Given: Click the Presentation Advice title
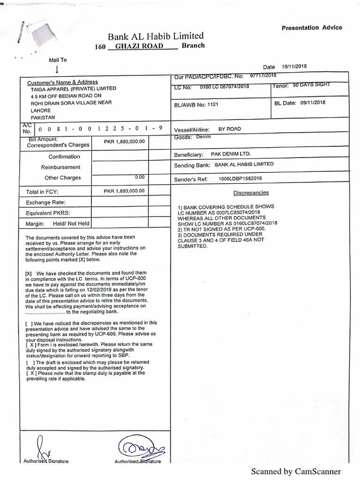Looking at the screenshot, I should (312, 28).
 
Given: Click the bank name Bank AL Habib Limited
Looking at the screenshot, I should (156, 36).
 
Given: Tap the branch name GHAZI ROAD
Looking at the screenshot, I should (141, 46).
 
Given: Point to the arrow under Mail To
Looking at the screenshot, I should (57, 69).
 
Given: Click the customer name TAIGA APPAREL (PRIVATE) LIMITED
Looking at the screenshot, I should (74, 88).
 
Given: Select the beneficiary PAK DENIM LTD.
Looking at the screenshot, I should (230, 154).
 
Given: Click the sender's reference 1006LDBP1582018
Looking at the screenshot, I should (240, 179).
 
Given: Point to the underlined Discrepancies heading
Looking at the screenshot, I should (251, 193).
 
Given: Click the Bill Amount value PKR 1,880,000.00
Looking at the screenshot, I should (124, 141).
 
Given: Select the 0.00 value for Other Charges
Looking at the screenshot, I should (139, 177).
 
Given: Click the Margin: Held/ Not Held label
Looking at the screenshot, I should (57, 224).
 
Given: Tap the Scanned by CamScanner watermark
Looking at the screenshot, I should (296, 472).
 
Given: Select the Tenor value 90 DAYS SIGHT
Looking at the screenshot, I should (312, 85).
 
